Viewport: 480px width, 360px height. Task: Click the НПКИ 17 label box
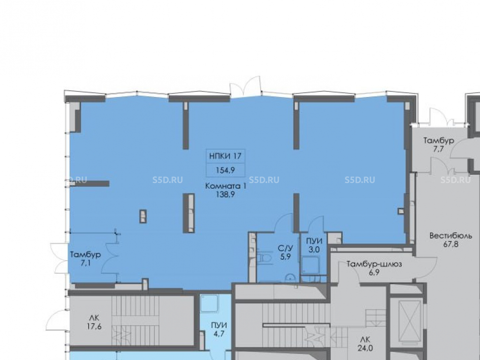(x=225, y=156)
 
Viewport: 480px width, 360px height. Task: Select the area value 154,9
(x=225, y=170)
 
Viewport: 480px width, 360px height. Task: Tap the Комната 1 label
(x=225, y=186)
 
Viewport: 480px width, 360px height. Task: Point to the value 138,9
(x=225, y=194)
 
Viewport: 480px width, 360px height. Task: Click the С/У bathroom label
(x=285, y=248)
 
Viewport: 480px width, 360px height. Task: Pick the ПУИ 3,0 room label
(x=314, y=245)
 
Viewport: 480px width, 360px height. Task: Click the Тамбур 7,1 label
(x=85, y=259)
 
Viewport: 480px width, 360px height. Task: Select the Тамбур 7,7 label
(x=439, y=145)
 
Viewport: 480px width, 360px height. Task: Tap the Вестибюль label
(x=451, y=236)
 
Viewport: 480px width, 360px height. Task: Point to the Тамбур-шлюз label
(x=374, y=264)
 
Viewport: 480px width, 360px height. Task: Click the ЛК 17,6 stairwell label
(x=94, y=322)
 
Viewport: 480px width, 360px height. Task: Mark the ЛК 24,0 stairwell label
(x=365, y=344)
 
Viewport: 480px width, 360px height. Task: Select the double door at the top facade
(x=245, y=86)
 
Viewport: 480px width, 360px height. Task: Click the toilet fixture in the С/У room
(x=264, y=258)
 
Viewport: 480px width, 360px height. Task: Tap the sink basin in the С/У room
(x=290, y=278)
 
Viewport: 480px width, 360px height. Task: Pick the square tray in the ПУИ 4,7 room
(x=209, y=303)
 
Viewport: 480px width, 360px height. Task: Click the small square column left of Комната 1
(x=143, y=216)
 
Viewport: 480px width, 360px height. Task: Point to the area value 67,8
(x=451, y=244)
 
